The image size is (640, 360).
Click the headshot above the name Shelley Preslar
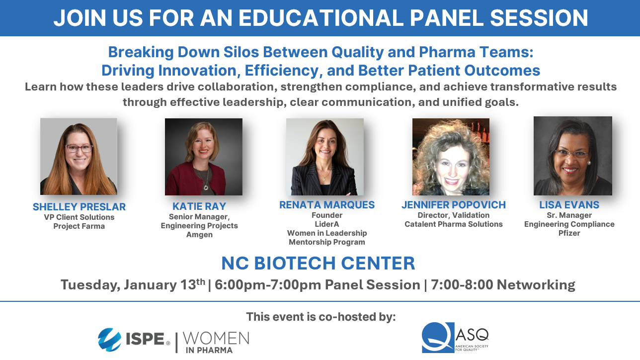point(79,156)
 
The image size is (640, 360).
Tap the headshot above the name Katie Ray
point(203,157)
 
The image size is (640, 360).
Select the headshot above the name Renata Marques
point(324,157)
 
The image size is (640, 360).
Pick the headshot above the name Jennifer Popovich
point(451,157)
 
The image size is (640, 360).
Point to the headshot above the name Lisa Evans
point(572,156)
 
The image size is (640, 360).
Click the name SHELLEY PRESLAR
point(79,206)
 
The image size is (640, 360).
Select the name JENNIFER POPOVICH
point(453,204)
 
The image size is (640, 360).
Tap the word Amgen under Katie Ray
point(199,235)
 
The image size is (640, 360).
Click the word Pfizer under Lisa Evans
point(569,233)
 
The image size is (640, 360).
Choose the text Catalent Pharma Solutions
point(453,224)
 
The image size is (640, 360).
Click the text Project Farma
point(79,226)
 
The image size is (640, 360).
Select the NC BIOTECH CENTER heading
point(318,263)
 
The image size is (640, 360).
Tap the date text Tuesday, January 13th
point(132,285)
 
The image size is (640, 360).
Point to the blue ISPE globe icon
point(109,340)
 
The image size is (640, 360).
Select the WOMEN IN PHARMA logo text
point(216,342)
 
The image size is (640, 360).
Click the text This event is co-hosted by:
point(320,317)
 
